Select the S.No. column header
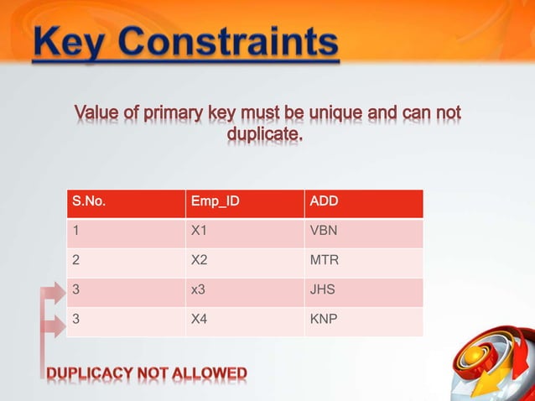pyautogui.click(x=90, y=201)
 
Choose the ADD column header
pyautogui.click(x=324, y=201)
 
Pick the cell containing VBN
pyautogui.click(x=324, y=231)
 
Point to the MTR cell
pyautogui.click(x=325, y=260)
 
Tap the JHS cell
pyautogui.click(x=323, y=290)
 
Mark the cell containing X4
pyautogui.click(x=200, y=320)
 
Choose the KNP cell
pyautogui.click(x=324, y=320)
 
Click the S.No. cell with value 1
pyautogui.click(x=76, y=231)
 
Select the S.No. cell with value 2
pyautogui.click(x=76, y=260)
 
